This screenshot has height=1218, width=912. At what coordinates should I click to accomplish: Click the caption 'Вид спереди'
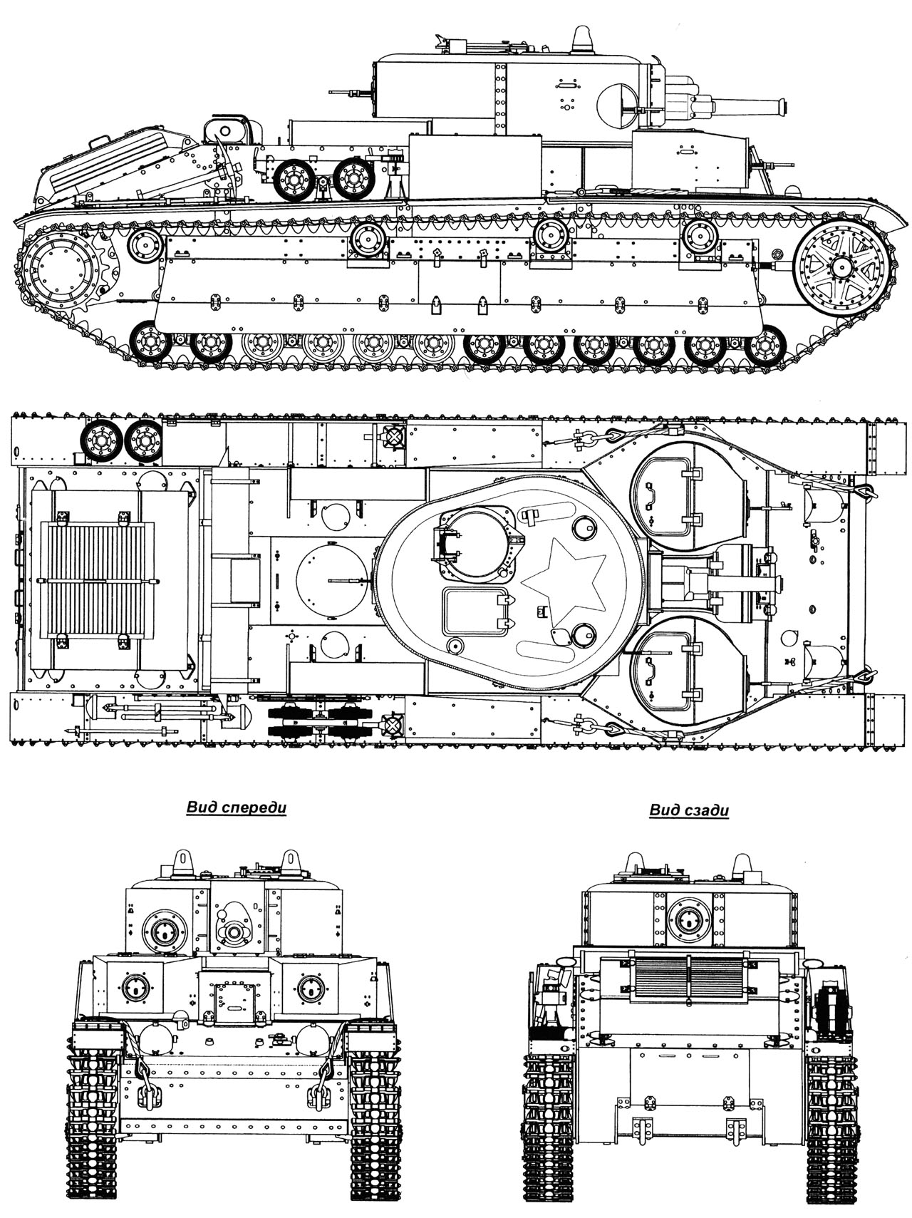(x=236, y=807)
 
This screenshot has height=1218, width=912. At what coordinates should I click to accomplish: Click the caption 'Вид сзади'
(x=689, y=810)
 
